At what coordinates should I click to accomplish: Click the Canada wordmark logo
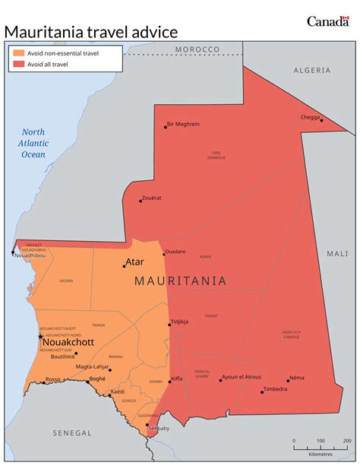click(328, 21)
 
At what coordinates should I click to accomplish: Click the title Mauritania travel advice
click(91, 31)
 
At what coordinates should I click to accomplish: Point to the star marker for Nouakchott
click(41, 336)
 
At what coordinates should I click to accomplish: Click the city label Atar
click(134, 262)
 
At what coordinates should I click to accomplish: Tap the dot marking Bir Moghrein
click(166, 127)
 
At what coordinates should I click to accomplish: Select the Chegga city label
click(310, 117)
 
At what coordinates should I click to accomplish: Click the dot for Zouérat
click(141, 201)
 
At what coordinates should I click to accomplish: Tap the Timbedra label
click(275, 389)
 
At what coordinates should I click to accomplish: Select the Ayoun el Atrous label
click(241, 377)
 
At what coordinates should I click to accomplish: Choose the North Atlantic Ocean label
click(33, 143)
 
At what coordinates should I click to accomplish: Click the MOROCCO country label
click(197, 49)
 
